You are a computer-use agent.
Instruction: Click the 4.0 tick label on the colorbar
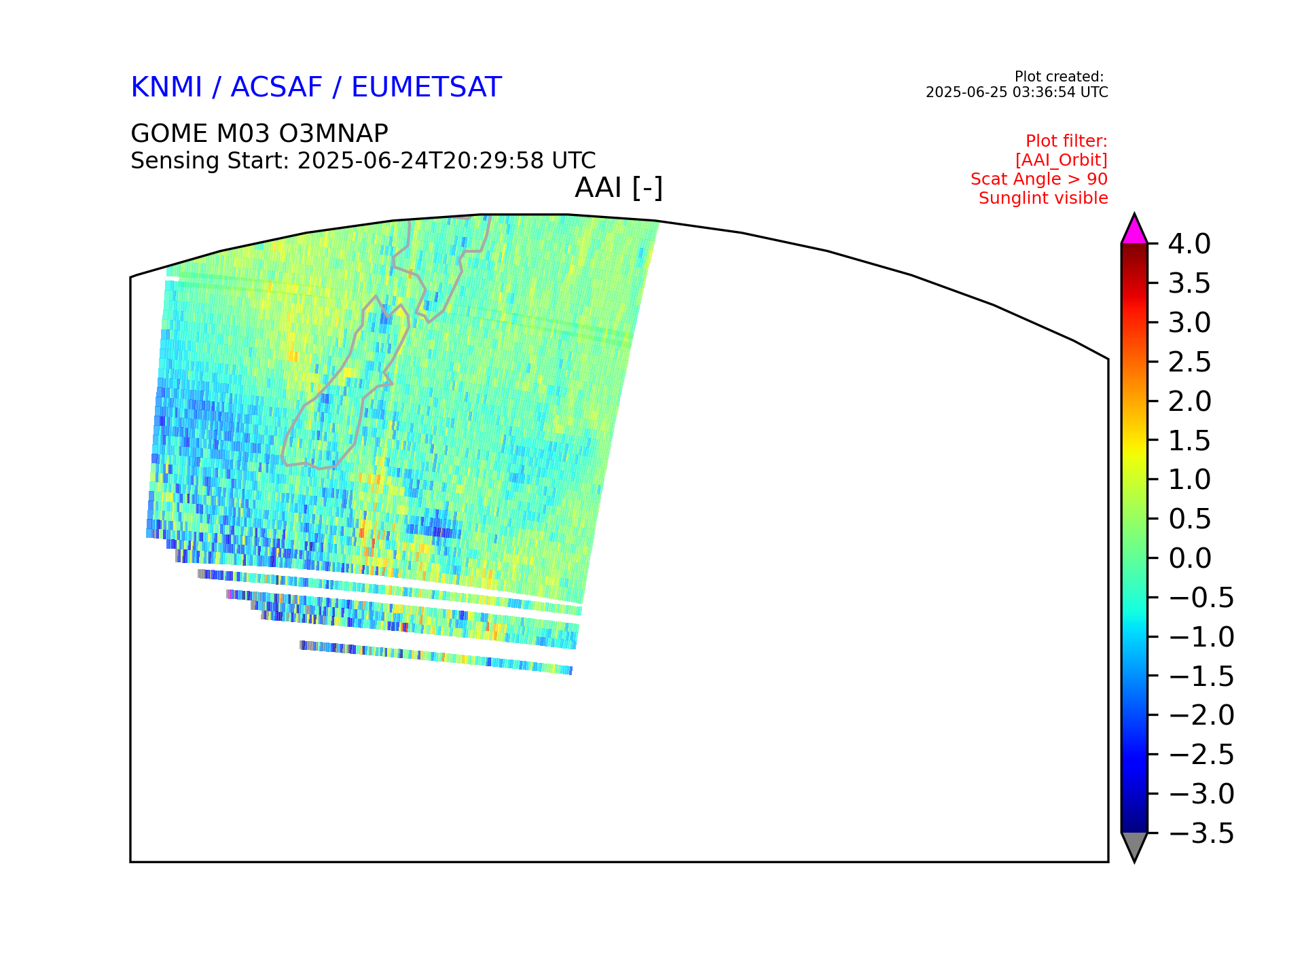[1189, 244]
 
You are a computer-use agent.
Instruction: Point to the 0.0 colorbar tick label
[1190, 558]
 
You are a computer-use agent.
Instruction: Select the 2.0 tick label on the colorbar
[1190, 401]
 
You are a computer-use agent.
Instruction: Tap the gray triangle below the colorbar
[1134, 846]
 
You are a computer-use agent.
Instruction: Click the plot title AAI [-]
[619, 187]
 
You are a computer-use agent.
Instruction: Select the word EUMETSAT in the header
[427, 88]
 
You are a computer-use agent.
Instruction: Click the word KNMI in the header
[166, 88]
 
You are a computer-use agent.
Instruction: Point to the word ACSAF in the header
[276, 88]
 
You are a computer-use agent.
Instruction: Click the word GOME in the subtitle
[170, 134]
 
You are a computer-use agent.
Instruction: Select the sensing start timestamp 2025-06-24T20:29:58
[421, 161]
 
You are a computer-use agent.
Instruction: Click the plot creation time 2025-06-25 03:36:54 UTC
[1017, 92]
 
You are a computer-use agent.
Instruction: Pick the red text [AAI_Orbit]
[1062, 160]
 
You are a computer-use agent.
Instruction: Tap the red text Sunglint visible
[1043, 198]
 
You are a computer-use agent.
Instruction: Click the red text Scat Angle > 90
[1039, 179]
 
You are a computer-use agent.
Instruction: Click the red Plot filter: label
[1066, 141]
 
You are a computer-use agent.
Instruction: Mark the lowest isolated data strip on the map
[436, 657]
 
